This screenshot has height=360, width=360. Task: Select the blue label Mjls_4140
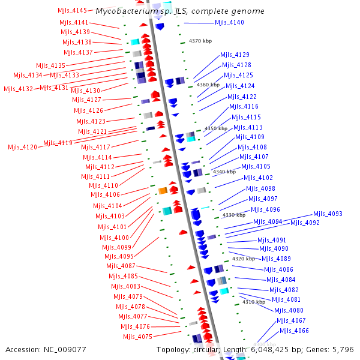point(229,23)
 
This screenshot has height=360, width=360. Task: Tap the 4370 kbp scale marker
point(200,41)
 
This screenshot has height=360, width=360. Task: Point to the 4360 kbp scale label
point(208,85)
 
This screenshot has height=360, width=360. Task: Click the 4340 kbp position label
point(224,172)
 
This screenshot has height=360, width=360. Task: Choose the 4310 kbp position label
point(254,302)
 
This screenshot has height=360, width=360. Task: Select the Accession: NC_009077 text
point(46,349)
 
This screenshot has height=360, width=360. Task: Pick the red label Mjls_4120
point(22,147)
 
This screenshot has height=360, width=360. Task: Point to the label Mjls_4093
point(328,214)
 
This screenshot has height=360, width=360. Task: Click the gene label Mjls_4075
point(137,337)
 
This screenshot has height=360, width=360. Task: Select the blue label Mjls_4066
point(294,331)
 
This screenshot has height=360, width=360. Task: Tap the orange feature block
point(163,191)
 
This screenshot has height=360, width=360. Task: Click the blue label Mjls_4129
point(235,55)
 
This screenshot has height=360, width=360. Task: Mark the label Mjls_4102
point(258,178)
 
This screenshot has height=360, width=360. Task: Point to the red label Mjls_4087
point(121,266)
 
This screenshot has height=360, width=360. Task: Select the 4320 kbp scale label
point(244,259)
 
